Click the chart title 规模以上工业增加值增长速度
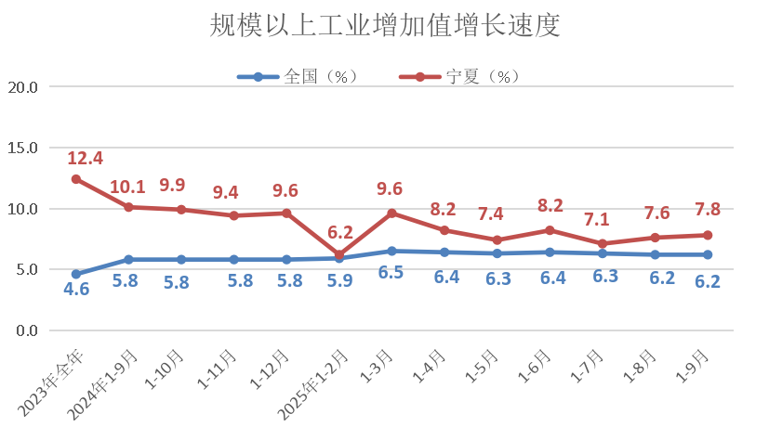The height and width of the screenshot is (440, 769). point(384,26)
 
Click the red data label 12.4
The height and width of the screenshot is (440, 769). point(85,158)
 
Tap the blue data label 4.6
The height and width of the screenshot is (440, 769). point(76,291)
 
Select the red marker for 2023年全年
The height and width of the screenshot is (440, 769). point(76,179)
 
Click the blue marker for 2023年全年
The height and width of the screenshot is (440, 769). point(76,275)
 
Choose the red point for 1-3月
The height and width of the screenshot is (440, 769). point(391,214)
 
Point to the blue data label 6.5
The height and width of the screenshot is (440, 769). point(391,275)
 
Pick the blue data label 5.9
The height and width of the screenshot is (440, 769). point(339,279)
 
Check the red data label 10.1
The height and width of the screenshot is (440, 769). point(128,187)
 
